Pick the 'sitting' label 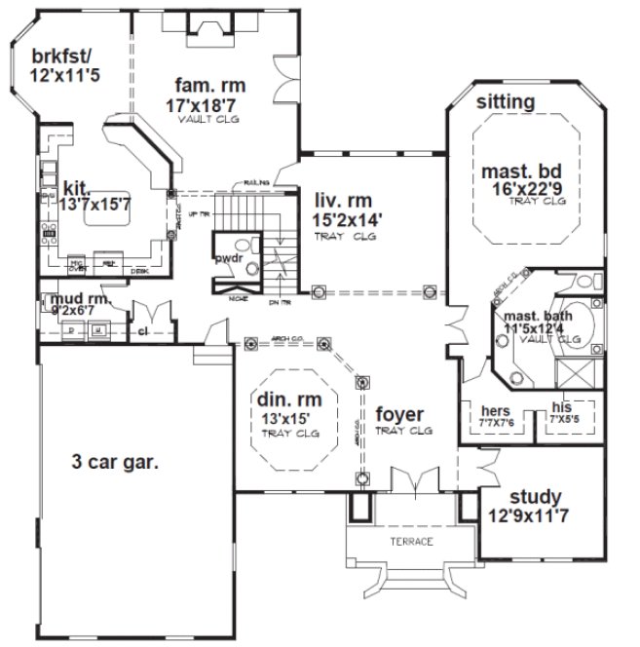505,101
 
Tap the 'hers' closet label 496,411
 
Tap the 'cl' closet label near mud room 142,329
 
